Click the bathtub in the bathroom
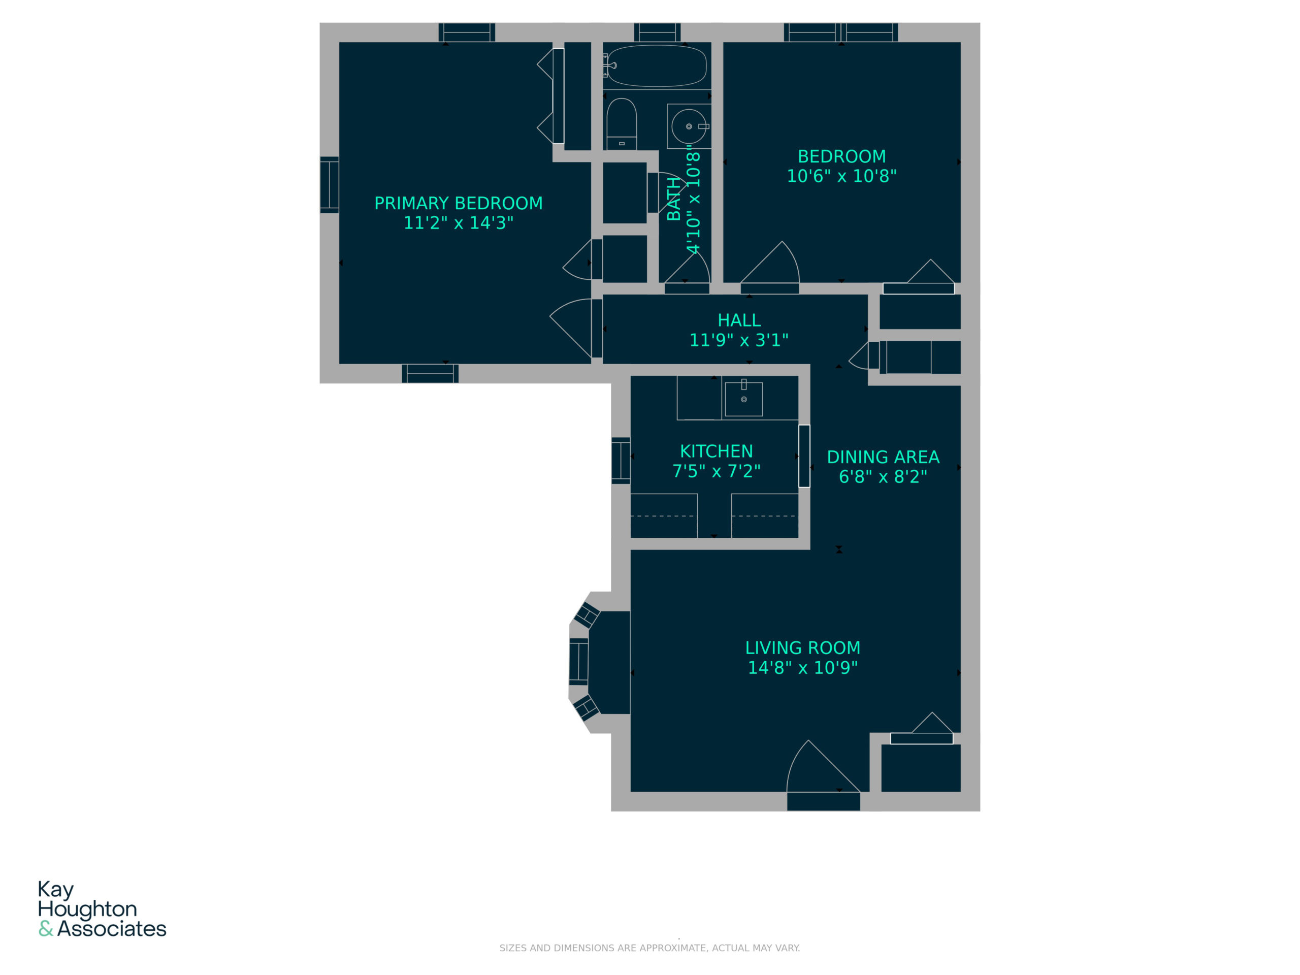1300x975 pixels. click(656, 66)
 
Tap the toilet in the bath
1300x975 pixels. click(621, 123)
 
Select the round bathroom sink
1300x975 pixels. click(689, 126)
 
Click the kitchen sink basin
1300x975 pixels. click(743, 399)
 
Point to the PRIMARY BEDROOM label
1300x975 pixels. click(459, 203)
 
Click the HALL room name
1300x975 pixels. click(739, 320)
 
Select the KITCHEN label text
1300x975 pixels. click(716, 451)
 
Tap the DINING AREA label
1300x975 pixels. click(883, 457)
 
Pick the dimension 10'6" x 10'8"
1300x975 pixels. click(841, 176)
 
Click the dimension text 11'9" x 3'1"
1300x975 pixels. click(739, 340)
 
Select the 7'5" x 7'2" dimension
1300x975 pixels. click(716, 471)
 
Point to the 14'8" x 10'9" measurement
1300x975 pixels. click(802, 668)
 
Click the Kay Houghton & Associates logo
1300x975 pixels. click(102, 908)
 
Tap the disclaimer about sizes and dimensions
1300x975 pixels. click(649, 948)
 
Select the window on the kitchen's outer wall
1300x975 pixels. click(621, 460)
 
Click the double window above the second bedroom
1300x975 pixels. click(840, 32)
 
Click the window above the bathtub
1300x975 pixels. click(657, 32)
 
